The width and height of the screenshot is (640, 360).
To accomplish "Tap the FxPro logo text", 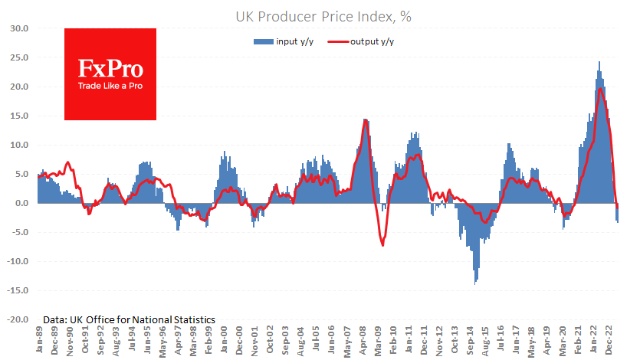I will point(110,68).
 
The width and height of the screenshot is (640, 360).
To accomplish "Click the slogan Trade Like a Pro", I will point(110,85).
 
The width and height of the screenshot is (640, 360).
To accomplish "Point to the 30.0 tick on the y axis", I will point(19,28).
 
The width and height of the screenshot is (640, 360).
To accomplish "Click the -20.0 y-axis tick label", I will point(18,319).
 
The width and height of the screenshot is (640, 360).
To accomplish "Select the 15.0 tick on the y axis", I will point(19,116).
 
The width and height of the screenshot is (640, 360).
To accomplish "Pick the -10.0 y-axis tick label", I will point(18,261).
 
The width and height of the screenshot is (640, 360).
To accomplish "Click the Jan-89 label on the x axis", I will point(39,340).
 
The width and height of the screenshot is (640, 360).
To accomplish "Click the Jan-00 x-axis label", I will point(223,340).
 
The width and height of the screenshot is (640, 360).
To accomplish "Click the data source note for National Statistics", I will point(129,319).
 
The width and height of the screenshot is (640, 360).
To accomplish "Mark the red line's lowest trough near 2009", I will point(382,245).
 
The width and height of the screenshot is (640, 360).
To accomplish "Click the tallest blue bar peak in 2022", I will point(599,62).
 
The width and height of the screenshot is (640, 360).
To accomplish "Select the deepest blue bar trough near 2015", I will point(475,284).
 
